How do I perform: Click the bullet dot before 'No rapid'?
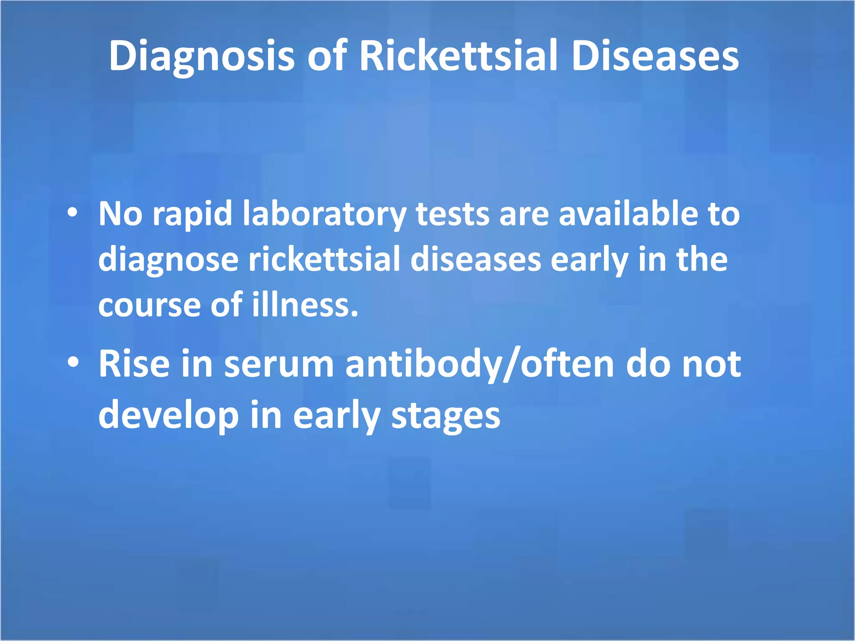73,212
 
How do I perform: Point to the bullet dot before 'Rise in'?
73,362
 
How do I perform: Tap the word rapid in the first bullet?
192,214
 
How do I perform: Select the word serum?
279,364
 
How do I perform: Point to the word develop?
168,416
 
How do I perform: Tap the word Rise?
134,363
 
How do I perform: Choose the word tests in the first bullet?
453,214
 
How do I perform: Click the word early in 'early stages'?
336,416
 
